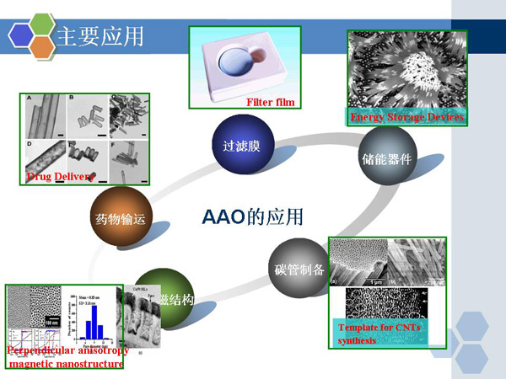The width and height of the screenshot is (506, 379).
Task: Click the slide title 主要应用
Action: pos(99,36)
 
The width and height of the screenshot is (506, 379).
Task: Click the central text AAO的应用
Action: pos(252,216)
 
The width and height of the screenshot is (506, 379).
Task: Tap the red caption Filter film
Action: pos(273,103)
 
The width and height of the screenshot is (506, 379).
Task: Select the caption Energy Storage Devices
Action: pos(406,117)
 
